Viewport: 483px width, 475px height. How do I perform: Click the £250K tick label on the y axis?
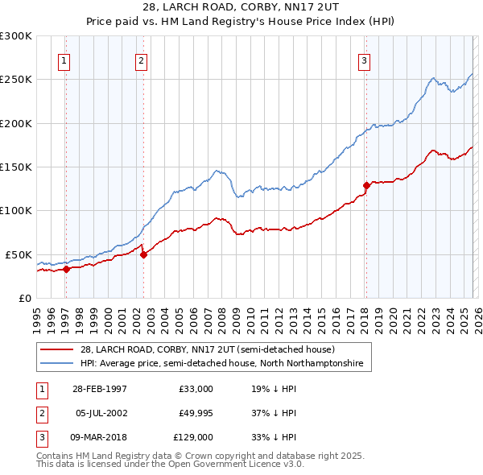pos(16,80)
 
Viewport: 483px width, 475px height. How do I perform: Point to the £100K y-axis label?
pos(16,210)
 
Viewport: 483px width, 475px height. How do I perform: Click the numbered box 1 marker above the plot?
pos(64,60)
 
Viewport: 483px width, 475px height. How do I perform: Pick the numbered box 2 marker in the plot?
pos(141,60)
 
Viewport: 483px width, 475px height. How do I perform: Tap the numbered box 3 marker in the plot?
pos(364,60)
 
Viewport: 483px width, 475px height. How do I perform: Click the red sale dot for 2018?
pos(366,185)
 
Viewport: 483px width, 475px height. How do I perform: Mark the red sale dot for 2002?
pos(143,254)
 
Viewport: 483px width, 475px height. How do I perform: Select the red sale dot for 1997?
pos(67,270)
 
